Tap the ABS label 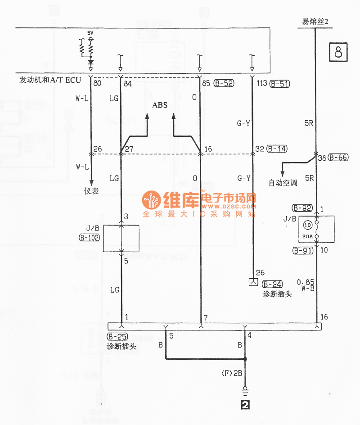point(160,105)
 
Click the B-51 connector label point(279,83)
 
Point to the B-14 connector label point(277,149)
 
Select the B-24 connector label point(272,284)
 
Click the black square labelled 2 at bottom point(245,405)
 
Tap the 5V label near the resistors point(90,34)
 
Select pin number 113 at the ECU point(261,83)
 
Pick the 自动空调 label point(283,183)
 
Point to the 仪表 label point(91,191)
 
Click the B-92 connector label point(302,208)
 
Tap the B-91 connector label point(302,250)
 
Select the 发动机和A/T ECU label point(50,80)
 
